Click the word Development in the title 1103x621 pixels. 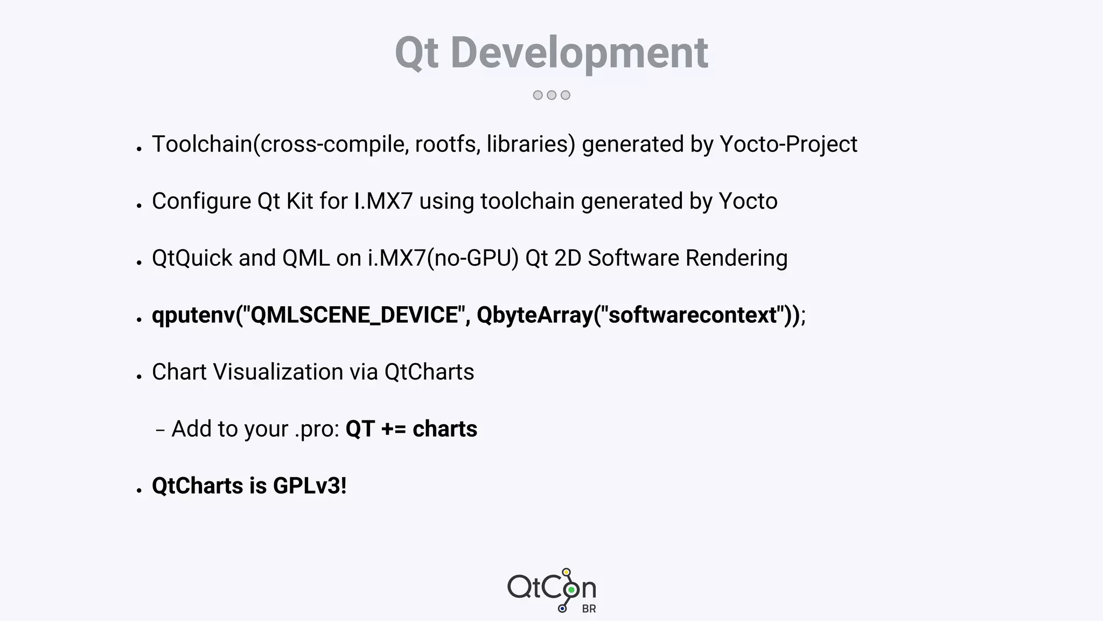click(x=580, y=53)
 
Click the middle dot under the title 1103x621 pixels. click(x=551, y=95)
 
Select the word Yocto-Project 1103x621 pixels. click(x=788, y=144)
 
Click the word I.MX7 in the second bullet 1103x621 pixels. click(x=383, y=201)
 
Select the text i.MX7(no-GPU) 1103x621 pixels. click(x=443, y=258)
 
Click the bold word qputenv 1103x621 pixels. click(x=193, y=315)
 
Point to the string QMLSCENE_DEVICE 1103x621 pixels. click(x=354, y=315)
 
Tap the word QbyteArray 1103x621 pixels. click(x=534, y=315)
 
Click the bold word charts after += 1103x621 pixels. click(x=445, y=429)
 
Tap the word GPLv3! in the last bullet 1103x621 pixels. click(x=310, y=486)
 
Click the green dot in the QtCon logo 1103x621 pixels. click(x=571, y=590)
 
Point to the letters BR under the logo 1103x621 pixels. click(x=589, y=609)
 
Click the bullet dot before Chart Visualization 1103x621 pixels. click(x=139, y=376)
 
